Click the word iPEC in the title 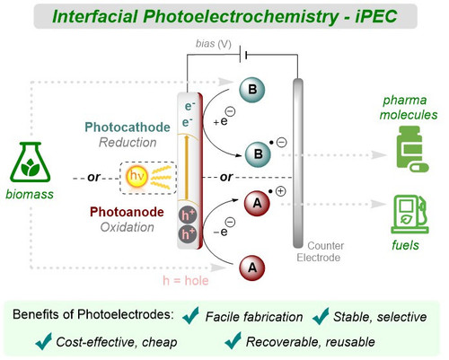[376, 16]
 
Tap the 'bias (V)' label [214, 44]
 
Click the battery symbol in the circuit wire [243, 55]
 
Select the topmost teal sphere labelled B [252, 90]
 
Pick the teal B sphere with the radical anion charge [258, 154]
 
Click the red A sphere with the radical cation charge [257, 204]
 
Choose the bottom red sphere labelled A [252, 268]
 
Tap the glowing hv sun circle [137, 176]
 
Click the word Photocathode [128, 127]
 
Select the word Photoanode [127, 212]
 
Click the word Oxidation [128, 227]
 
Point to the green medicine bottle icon [412, 149]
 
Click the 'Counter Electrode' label [321, 251]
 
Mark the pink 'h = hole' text [186, 281]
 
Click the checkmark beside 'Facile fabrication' [190, 315]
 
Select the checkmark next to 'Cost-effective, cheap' [44, 341]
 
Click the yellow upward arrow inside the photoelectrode [187, 167]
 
